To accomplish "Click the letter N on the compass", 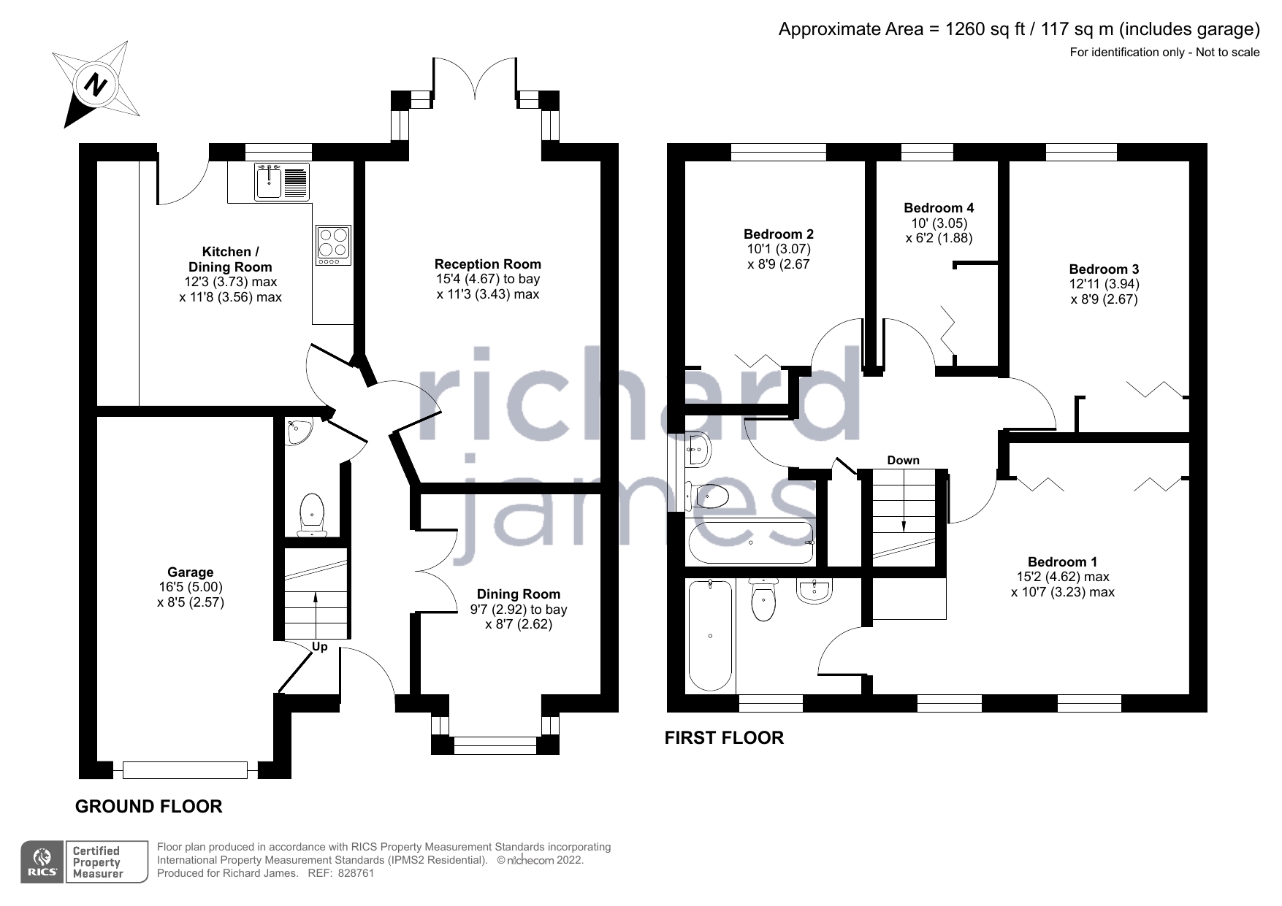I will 95,84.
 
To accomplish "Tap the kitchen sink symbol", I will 269,183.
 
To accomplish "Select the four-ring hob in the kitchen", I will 333,245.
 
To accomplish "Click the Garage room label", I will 191,572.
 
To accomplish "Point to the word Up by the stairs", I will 320,647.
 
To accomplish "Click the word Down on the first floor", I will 903,460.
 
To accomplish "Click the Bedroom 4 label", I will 939,208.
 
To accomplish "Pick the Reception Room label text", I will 487,264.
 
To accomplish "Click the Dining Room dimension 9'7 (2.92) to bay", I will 518,609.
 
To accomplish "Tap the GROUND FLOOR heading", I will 149,807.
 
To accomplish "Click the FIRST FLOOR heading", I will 724,738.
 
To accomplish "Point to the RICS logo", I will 42,862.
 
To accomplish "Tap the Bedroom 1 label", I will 1062,561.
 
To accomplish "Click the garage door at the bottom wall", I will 186,769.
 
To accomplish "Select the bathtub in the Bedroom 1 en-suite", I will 710,635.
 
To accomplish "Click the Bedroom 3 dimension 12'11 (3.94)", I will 1104,284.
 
